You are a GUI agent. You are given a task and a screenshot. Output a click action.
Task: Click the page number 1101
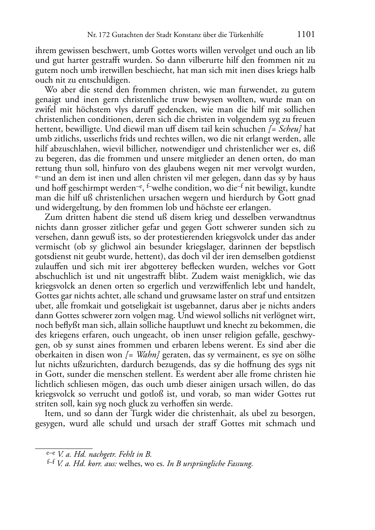click(x=306, y=34)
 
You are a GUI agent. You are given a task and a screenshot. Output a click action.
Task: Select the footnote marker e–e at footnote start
click(x=50, y=453)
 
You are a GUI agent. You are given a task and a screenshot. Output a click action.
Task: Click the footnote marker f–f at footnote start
click(x=51, y=463)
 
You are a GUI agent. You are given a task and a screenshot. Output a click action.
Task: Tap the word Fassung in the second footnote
click(x=240, y=464)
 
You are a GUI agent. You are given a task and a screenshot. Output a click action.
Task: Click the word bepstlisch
click(x=297, y=247)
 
